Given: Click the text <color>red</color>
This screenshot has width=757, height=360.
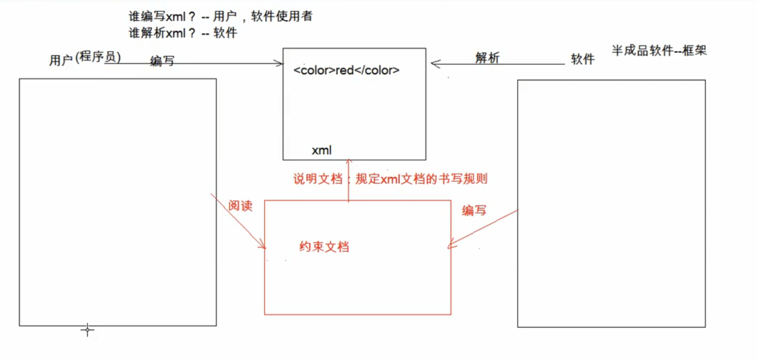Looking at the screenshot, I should pos(346,70).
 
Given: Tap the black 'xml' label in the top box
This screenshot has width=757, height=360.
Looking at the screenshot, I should pos(322,150).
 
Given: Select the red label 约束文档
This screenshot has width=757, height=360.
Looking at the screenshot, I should pos(324,247).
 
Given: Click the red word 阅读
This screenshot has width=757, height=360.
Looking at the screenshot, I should pos(241,206).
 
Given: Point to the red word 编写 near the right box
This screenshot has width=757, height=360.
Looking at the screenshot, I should pos(474,211).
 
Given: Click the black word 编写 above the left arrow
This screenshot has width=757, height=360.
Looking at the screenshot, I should pos(162,61).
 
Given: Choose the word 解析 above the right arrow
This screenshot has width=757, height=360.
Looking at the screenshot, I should pos(487,58).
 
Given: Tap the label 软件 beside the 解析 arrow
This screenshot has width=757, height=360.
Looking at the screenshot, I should pos(583,59).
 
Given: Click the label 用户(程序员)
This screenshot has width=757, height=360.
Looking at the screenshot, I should pos(85,59).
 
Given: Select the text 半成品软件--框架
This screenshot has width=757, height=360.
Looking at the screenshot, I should pos(659,50).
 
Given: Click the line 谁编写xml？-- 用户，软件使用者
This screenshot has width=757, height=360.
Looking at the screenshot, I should pos(220,16).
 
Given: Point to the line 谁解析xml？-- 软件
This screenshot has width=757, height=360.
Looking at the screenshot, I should pos(183,32).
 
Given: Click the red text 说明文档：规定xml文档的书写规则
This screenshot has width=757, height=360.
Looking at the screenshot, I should pos(391,179).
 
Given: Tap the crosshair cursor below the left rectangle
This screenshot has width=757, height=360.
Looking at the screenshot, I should pos(87,330).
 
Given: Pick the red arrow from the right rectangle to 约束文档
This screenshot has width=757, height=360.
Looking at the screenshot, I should pos(484,229).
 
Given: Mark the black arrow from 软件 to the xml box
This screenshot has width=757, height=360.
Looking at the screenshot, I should pos(498,65).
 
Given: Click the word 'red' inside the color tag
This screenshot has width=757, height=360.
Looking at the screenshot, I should pos(345,70).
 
